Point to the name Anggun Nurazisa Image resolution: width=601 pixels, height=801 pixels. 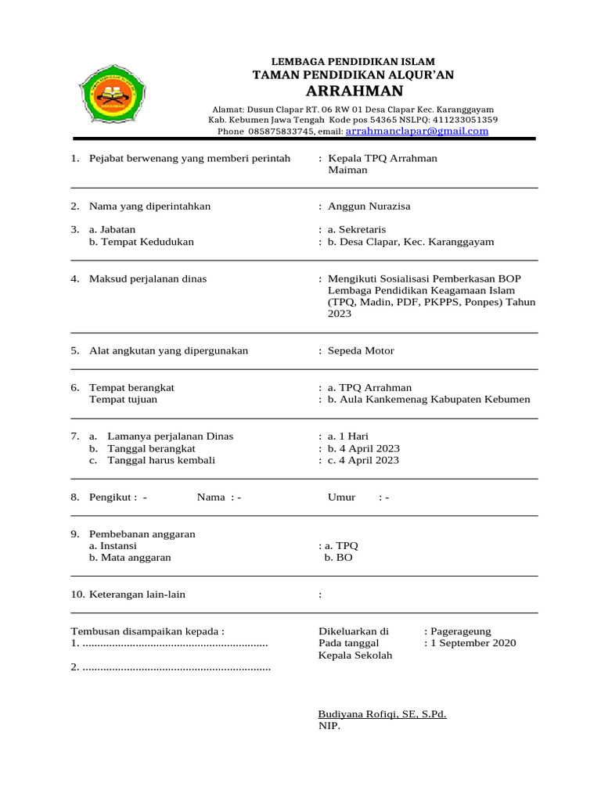[x=369, y=207]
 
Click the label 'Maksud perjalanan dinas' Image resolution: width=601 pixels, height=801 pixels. [x=148, y=278]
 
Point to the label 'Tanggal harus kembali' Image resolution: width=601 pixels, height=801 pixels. [x=161, y=461]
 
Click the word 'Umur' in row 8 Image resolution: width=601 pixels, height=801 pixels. [x=341, y=497]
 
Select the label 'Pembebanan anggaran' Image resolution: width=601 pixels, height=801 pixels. [x=142, y=533]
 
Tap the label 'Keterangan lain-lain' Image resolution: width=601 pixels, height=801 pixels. [x=138, y=594]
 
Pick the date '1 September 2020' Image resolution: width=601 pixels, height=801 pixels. [x=473, y=643]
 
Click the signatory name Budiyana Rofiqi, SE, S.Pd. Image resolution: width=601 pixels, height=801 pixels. [x=382, y=714]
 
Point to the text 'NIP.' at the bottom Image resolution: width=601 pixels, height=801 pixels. [x=329, y=726]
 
